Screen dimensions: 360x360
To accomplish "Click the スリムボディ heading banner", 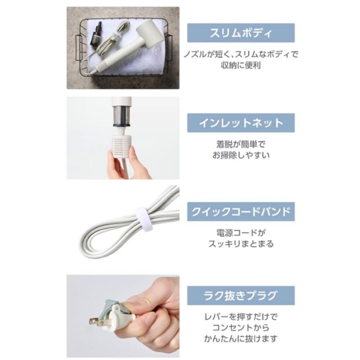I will (x=241, y=33).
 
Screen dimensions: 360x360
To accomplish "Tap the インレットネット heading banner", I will (x=241, y=123).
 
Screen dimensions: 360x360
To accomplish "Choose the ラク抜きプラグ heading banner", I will (x=241, y=295).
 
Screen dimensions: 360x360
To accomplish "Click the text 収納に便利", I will (x=241, y=65).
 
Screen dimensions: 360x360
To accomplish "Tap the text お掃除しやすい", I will (x=241, y=155).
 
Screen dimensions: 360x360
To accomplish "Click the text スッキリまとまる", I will (x=241, y=244).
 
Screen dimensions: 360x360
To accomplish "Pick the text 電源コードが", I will (x=241, y=233).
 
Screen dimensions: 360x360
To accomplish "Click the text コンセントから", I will (x=241, y=328).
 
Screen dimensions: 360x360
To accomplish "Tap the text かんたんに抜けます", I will (x=241, y=339).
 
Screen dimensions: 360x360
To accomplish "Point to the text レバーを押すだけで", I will (x=241, y=317).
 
